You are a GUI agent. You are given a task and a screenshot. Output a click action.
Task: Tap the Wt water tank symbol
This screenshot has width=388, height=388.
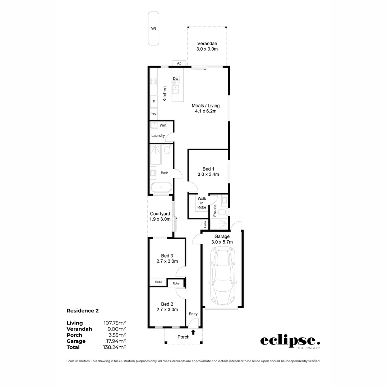click(154, 28)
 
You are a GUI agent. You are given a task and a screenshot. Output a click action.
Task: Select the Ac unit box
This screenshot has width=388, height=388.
click(179, 63)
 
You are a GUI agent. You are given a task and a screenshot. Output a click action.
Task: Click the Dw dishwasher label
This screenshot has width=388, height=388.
click(176, 78)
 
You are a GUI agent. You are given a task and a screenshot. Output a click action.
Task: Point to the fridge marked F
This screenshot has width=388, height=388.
click(153, 102)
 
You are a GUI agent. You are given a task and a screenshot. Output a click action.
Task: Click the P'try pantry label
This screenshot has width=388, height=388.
click(153, 114)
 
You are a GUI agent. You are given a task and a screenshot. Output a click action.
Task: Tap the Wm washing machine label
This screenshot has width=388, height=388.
click(163, 125)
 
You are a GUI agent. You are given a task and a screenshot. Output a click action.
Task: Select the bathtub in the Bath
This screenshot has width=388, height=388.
click(161, 188)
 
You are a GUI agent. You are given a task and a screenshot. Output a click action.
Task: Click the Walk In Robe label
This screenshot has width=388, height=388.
click(202, 203)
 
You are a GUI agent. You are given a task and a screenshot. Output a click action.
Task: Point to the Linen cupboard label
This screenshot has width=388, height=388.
click(205, 224)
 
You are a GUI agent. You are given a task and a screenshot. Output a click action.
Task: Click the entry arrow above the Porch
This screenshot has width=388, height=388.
click(193, 332)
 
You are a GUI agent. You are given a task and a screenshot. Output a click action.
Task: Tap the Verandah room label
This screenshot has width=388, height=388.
click(207, 46)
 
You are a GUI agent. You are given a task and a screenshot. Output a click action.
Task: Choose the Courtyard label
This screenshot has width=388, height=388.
click(160, 216)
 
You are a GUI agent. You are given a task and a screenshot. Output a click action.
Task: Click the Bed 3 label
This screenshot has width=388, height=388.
click(167, 258)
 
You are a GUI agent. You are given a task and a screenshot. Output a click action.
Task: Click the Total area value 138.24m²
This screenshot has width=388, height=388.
click(115, 347)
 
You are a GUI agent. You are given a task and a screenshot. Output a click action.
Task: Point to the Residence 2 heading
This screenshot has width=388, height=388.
click(83, 310)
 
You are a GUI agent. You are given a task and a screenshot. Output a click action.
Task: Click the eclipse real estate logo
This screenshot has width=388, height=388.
click(290, 342)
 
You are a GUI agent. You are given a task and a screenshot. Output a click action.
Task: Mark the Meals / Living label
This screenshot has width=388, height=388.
click(205, 108)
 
